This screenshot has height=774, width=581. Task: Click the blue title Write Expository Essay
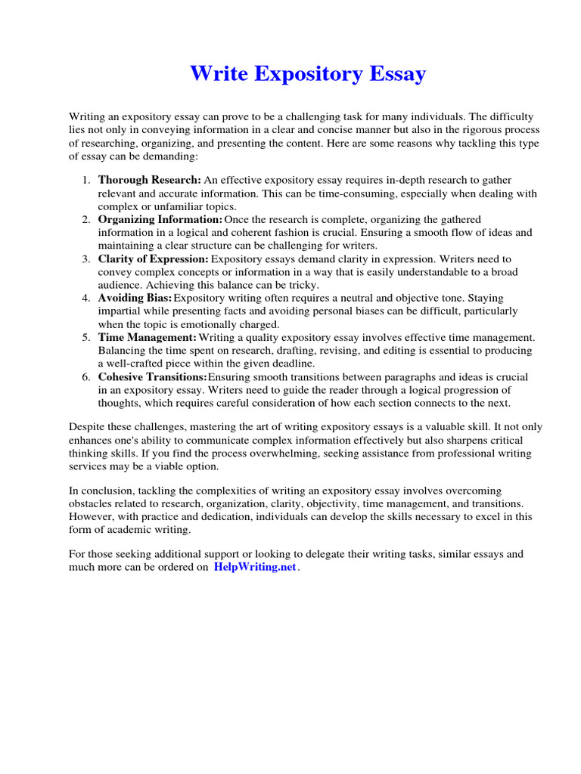(307, 74)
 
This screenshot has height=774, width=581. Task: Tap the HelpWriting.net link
(255, 568)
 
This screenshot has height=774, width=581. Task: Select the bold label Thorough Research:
(149, 180)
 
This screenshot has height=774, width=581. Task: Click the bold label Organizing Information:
(160, 219)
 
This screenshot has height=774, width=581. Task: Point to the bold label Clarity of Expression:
(153, 259)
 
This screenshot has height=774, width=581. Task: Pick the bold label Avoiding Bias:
(135, 299)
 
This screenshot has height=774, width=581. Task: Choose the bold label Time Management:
(147, 338)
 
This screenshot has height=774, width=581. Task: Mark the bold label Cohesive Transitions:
(152, 377)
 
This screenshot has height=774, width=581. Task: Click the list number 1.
(85, 180)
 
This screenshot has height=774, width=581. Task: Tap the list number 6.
(85, 377)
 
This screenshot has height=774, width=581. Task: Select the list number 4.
(85, 299)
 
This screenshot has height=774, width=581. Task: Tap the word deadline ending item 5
(279, 364)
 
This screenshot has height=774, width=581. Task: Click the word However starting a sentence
(91, 517)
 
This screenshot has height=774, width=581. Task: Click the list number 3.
(85, 259)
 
